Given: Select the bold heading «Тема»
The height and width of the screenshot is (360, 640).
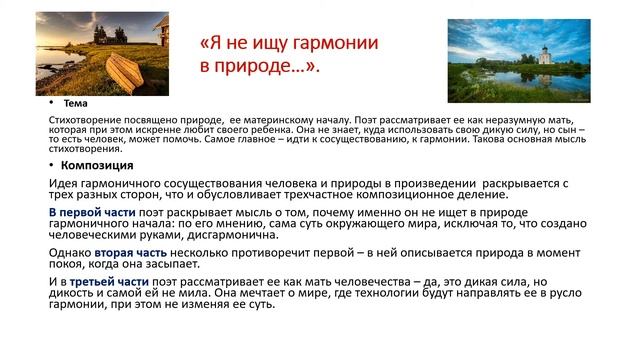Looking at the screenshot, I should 75,103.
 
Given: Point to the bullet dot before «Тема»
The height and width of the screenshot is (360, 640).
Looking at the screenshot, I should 51,103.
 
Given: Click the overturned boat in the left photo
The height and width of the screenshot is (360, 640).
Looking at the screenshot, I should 116,72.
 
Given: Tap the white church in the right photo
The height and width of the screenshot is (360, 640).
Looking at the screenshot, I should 547,54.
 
